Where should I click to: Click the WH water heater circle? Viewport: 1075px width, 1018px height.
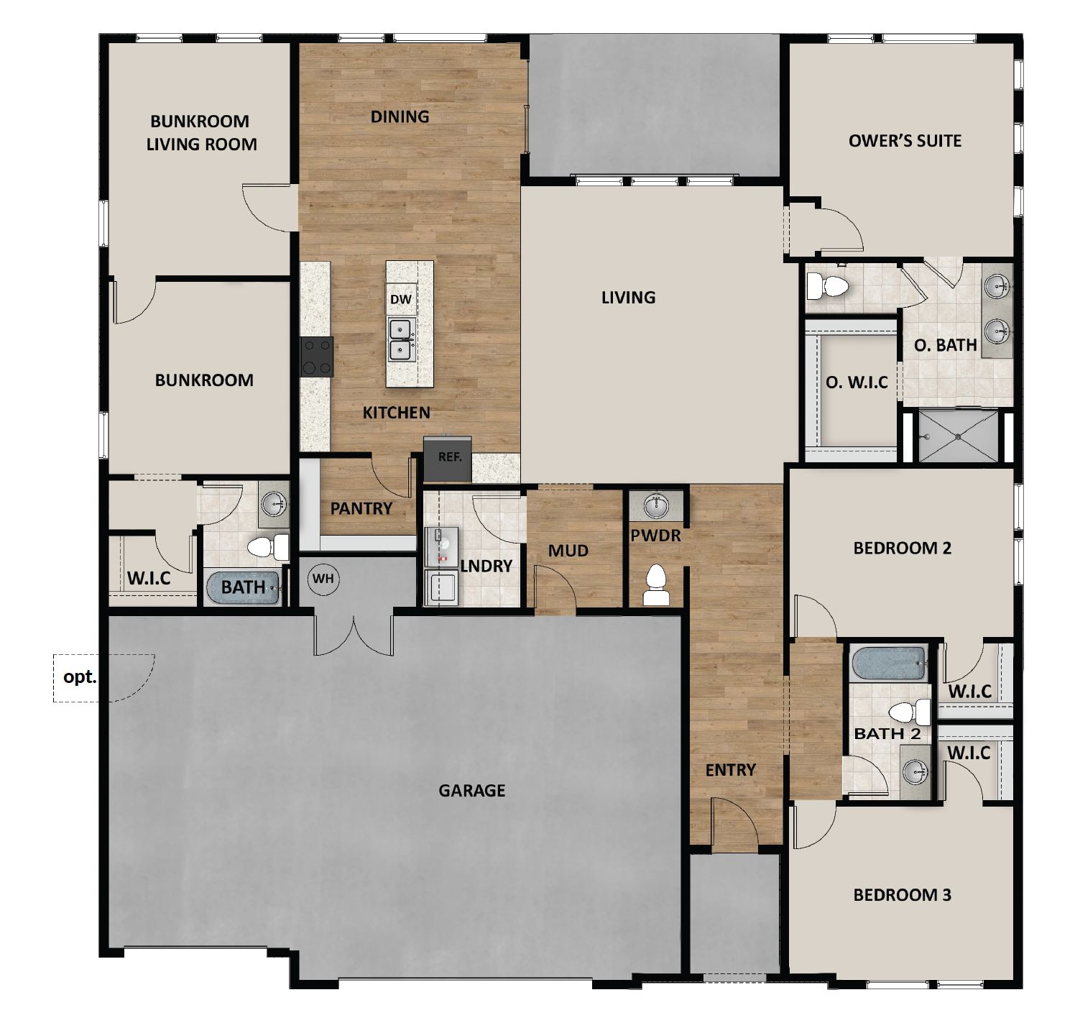click(323, 579)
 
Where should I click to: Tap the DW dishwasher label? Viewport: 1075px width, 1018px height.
click(401, 298)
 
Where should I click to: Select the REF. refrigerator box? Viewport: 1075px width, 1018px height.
click(449, 458)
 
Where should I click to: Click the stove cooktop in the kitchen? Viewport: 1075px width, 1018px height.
click(317, 357)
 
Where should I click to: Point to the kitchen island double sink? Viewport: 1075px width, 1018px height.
click(400, 340)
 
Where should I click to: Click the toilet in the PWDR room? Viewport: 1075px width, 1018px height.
click(656, 584)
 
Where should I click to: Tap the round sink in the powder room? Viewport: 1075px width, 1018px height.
click(655, 506)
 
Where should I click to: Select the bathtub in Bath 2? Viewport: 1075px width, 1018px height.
click(888, 663)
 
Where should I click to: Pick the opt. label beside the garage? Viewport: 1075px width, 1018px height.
click(80, 677)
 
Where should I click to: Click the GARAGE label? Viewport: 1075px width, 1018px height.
click(471, 791)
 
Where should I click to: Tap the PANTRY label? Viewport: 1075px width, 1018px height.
click(361, 509)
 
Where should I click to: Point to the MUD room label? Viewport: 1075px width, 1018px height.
click(568, 551)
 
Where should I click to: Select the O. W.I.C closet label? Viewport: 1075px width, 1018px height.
click(857, 382)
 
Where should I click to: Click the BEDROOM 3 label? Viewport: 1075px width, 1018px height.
click(902, 895)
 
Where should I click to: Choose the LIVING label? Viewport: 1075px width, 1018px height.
click(628, 298)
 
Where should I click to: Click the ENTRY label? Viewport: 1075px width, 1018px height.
click(730, 770)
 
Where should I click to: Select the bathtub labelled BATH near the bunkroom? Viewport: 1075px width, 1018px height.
click(242, 587)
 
